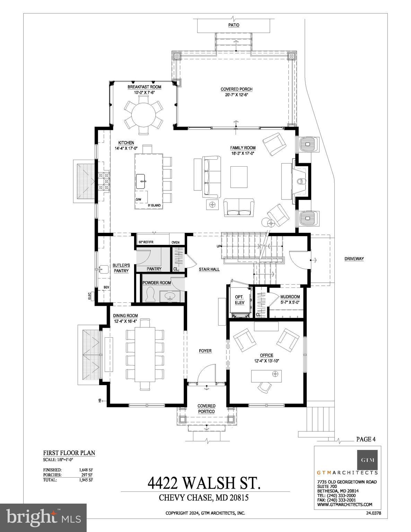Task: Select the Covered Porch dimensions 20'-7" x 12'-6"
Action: point(236,94)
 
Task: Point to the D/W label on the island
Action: point(139,200)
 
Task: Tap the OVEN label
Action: point(176,242)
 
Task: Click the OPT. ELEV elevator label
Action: point(239,300)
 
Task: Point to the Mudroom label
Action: point(290,297)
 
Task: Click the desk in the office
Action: point(266,375)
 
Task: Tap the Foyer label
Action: point(205,351)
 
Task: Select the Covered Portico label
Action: point(207,409)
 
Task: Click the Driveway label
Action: point(354,259)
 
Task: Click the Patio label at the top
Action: point(234,25)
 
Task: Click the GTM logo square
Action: point(368,460)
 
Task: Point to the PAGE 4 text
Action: point(366,439)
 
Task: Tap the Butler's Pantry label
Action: point(121,268)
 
